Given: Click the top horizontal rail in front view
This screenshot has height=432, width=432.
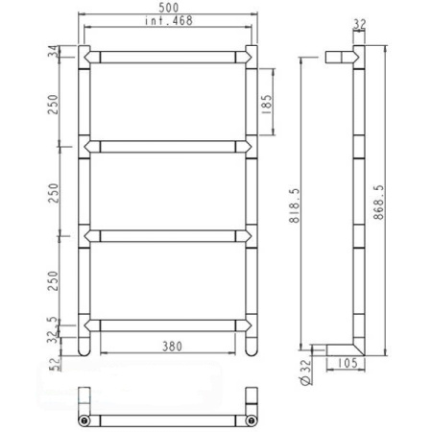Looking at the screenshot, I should click(x=171, y=55).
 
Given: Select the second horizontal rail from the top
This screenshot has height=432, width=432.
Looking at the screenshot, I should click(x=171, y=145).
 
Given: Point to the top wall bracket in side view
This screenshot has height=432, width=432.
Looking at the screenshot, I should click(x=338, y=55).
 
